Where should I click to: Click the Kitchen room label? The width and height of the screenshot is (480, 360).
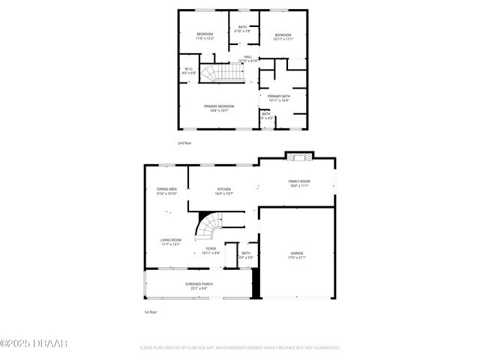(x=224, y=190)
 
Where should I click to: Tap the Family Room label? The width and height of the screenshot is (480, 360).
(x=299, y=183)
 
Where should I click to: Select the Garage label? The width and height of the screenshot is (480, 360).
(x=297, y=255)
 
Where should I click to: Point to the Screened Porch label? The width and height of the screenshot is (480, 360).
(x=199, y=285)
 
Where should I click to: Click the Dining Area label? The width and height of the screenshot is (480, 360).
(x=166, y=190)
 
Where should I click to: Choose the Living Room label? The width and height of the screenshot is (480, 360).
(x=171, y=241)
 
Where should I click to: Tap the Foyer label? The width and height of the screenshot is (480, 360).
(x=211, y=250)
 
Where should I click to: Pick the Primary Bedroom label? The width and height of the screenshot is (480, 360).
(x=219, y=108)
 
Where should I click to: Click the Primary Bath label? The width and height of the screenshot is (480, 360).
(x=279, y=98)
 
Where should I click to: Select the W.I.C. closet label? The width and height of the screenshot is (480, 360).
(x=189, y=71)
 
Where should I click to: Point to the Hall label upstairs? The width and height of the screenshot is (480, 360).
(x=247, y=58)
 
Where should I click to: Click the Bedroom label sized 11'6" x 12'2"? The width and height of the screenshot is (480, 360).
(x=205, y=36)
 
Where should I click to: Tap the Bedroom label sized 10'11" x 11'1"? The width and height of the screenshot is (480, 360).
(x=282, y=36)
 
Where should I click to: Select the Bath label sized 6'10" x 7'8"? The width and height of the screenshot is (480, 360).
(x=242, y=29)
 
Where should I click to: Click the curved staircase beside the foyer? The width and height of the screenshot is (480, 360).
(x=208, y=224)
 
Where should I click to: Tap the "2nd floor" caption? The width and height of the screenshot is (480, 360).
(x=184, y=142)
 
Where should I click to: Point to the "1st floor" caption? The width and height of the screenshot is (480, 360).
(x=151, y=312)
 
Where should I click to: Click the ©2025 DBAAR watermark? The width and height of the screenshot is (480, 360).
(x=34, y=343)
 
